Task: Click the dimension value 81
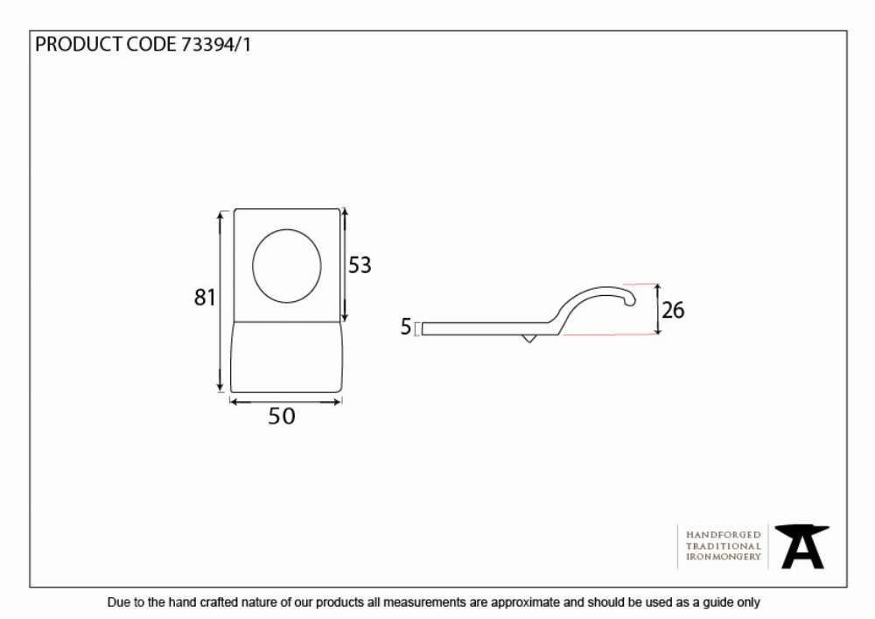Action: [x=205, y=297]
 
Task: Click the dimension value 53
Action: [x=360, y=265]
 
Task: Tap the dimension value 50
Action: [x=281, y=417]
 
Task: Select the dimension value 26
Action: [x=672, y=310]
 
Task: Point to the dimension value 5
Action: [x=406, y=327]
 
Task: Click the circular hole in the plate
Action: [x=287, y=266]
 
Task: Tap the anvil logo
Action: [x=801, y=546]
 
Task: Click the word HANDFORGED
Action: [x=724, y=535]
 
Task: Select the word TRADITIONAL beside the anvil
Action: [x=724, y=546]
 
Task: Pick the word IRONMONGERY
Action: [x=724, y=557]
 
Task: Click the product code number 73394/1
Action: [x=216, y=45]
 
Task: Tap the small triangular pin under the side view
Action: [x=528, y=338]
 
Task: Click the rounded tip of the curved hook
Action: [x=631, y=301]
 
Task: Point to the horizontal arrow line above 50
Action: [x=286, y=401]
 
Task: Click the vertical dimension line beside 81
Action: [x=221, y=301]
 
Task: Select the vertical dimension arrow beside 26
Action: [x=658, y=309]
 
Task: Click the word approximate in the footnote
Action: [x=524, y=603]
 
